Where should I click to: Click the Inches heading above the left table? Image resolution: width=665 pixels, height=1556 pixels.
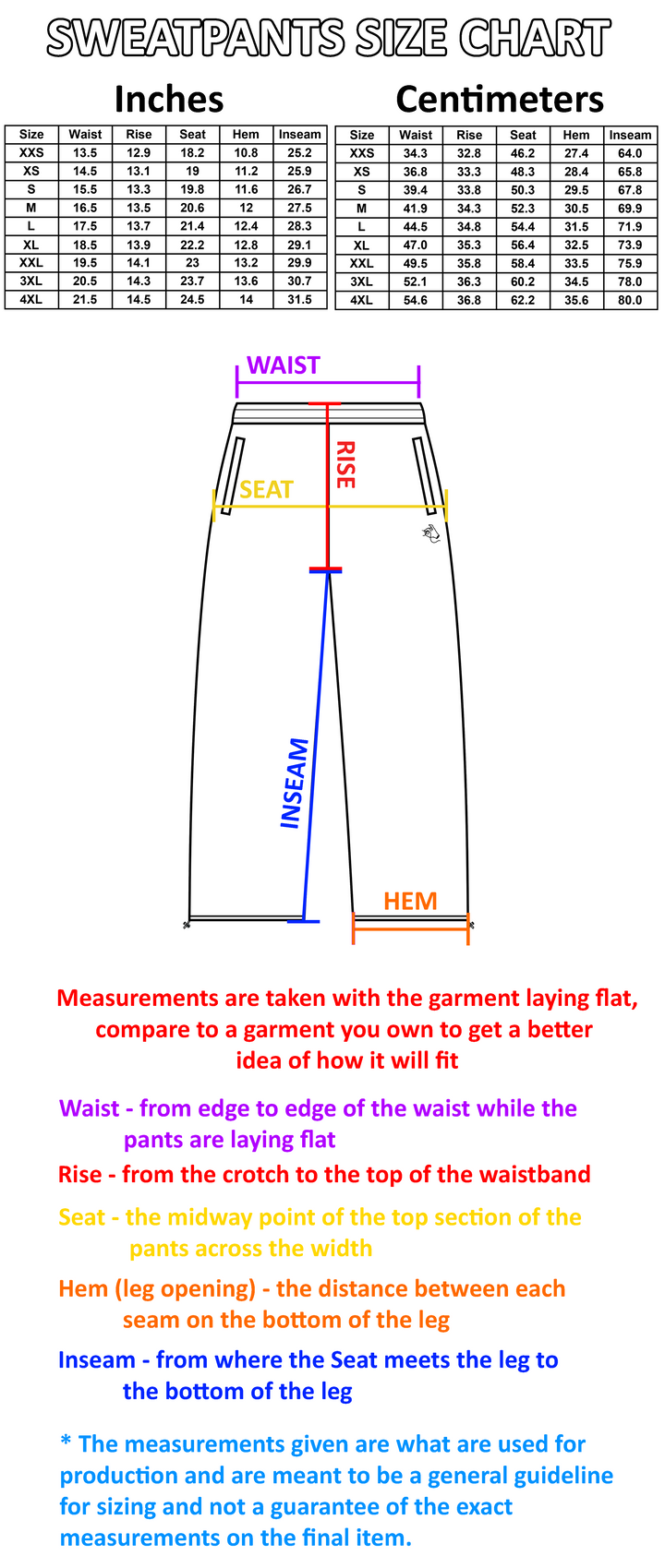tap(169, 100)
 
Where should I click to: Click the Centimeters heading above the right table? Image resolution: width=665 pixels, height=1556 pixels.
tap(500, 100)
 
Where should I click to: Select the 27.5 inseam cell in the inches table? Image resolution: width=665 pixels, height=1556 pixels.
tap(299, 208)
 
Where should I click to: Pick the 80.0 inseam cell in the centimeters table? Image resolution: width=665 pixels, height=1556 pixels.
tap(630, 300)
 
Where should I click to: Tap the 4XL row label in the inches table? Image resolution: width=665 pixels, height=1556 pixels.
tap(31, 299)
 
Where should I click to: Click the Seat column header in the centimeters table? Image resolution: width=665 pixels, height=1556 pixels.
tap(523, 135)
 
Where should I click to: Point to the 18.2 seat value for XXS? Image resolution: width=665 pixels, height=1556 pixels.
tap(192, 153)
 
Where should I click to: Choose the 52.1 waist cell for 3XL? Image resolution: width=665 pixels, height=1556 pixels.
tap(416, 282)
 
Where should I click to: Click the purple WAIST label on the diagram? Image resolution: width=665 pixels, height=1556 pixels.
tap(284, 365)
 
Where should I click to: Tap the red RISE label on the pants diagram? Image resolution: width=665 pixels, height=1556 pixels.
tap(345, 465)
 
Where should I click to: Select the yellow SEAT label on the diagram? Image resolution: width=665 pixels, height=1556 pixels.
tap(266, 490)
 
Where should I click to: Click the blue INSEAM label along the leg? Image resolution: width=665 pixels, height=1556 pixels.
tap(294, 783)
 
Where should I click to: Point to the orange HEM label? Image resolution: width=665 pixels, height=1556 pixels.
tap(410, 901)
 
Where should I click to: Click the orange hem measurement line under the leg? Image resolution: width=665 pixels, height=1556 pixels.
tap(411, 928)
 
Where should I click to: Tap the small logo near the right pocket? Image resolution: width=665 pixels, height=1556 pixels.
tap(430, 533)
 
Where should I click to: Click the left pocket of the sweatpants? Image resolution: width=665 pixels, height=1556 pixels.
tap(232, 476)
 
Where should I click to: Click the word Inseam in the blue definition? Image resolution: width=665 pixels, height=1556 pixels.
tap(97, 1359)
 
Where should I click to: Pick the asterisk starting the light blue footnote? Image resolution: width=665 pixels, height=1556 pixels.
tap(66, 1442)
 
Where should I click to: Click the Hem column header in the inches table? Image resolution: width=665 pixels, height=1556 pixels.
tap(246, 134)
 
